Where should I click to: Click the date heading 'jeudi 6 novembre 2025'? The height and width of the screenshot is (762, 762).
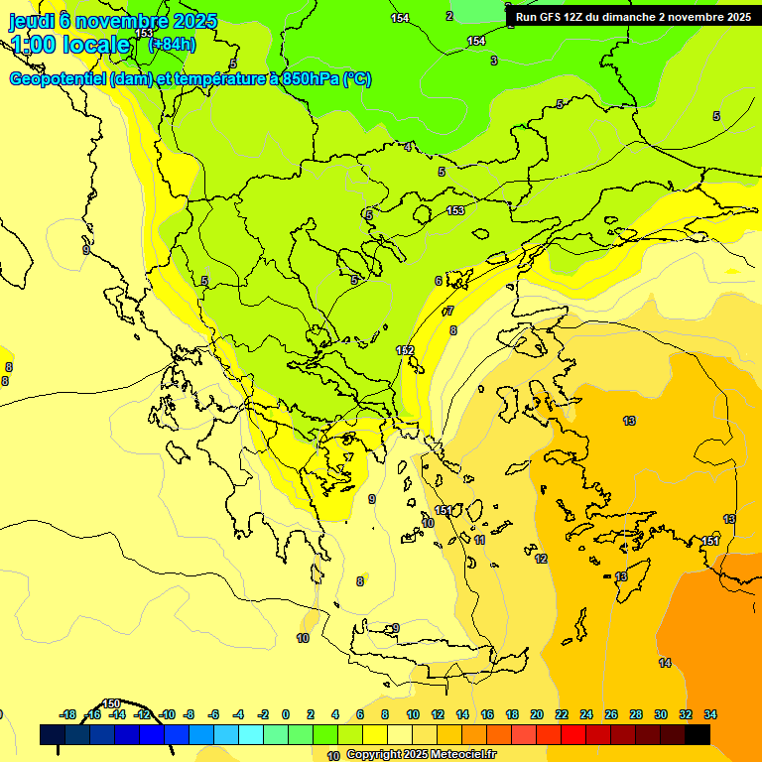point(113,20)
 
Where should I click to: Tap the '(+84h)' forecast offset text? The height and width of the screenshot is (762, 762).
point(172,45)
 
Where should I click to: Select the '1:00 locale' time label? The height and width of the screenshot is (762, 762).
point(69,45)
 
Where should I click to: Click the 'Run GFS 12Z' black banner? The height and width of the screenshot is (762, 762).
point(633,17)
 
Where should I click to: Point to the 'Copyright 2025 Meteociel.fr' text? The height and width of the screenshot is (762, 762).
point(422,754)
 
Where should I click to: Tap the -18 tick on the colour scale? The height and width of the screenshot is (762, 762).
point(68,714)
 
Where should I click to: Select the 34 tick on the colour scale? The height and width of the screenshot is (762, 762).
point(710,714)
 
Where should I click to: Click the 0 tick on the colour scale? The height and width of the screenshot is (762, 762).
point(286,714)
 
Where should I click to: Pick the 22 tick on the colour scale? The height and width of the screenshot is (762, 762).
point(562,714)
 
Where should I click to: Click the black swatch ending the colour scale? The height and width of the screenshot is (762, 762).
point(698,734)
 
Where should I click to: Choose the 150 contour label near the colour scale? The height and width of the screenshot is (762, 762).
point(112,703)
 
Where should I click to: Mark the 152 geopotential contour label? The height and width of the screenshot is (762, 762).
point(405,350)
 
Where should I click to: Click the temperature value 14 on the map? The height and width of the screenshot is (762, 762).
point(665,662)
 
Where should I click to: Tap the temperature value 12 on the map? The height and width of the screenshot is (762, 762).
point(541,559)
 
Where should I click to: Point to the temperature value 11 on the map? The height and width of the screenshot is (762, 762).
point(479,540)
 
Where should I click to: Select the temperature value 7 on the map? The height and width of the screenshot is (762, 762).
point(449,311)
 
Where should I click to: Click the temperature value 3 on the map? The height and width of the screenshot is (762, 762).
point(493,61)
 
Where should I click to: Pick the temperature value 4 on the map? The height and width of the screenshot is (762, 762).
point(408,147)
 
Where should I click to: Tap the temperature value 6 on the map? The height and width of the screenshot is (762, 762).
point(438,281)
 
